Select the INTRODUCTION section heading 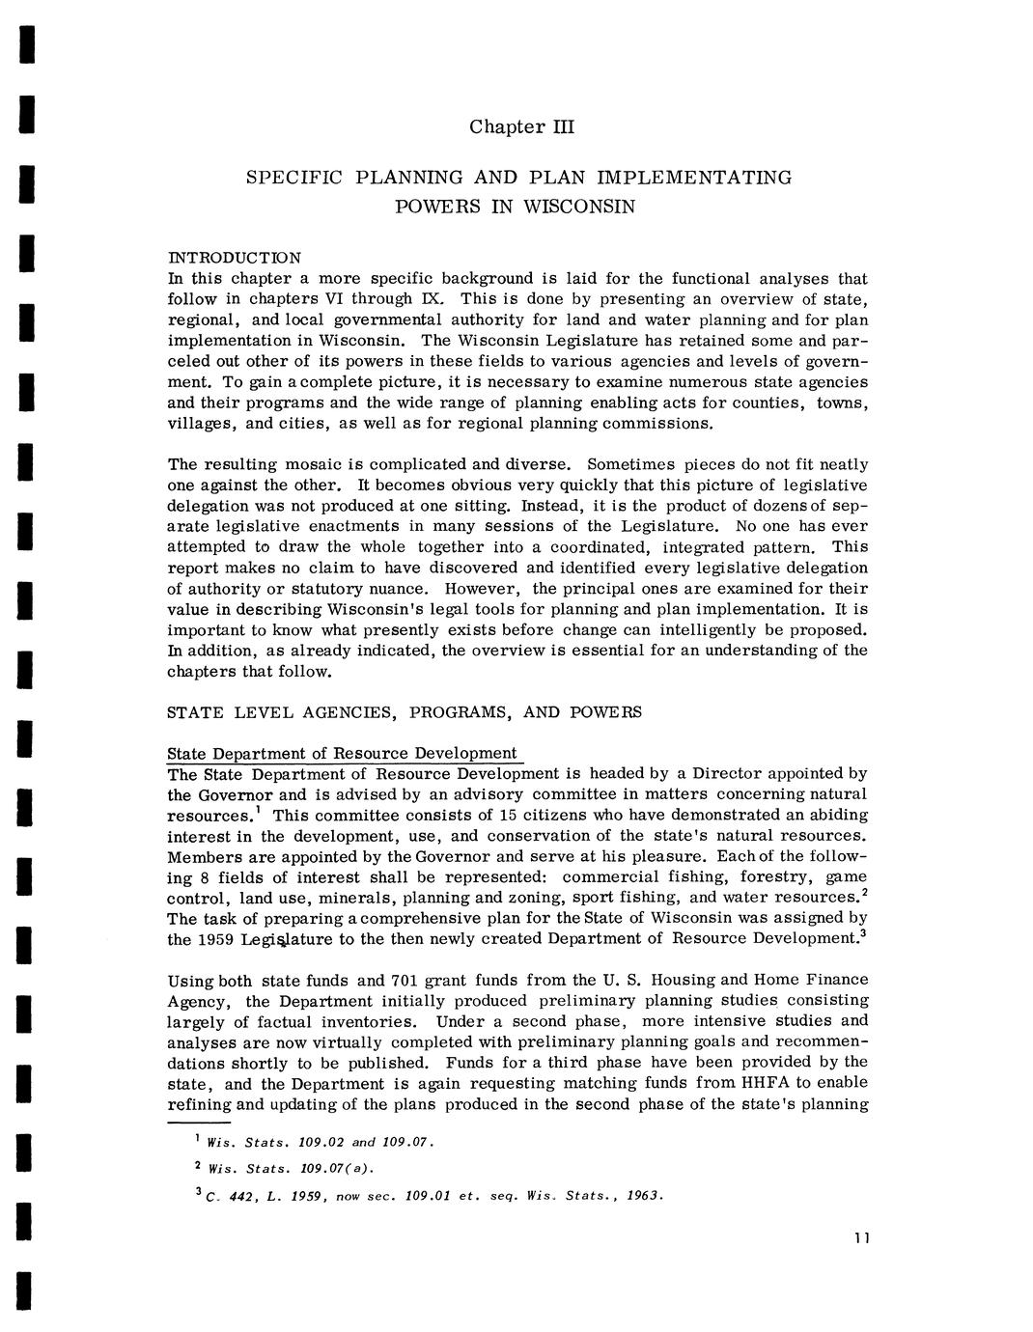pyautogui.click(x=235, y=258)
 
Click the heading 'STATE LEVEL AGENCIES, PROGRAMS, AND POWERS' pyautogui.click(x=405, y=712)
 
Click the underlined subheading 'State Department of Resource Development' pyautogui.click(x=342, y=753)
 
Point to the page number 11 pyautogui.click(x=862, y=1239)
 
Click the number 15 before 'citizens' pyautogui.click(x=497, y=815)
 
